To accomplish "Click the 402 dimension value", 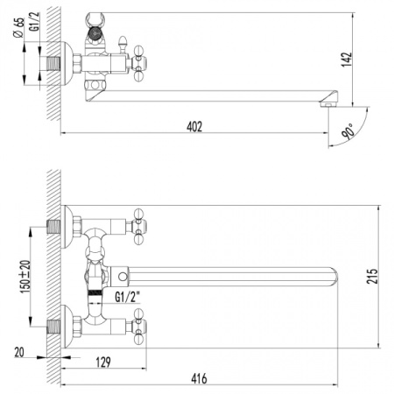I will click(x=194, y=126).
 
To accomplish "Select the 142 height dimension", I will click(x=348, y=59).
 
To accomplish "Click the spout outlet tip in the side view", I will click(x=330, y=102).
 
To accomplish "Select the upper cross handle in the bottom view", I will click(x=137, y=226).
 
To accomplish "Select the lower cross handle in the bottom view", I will click(x=137, y=328).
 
